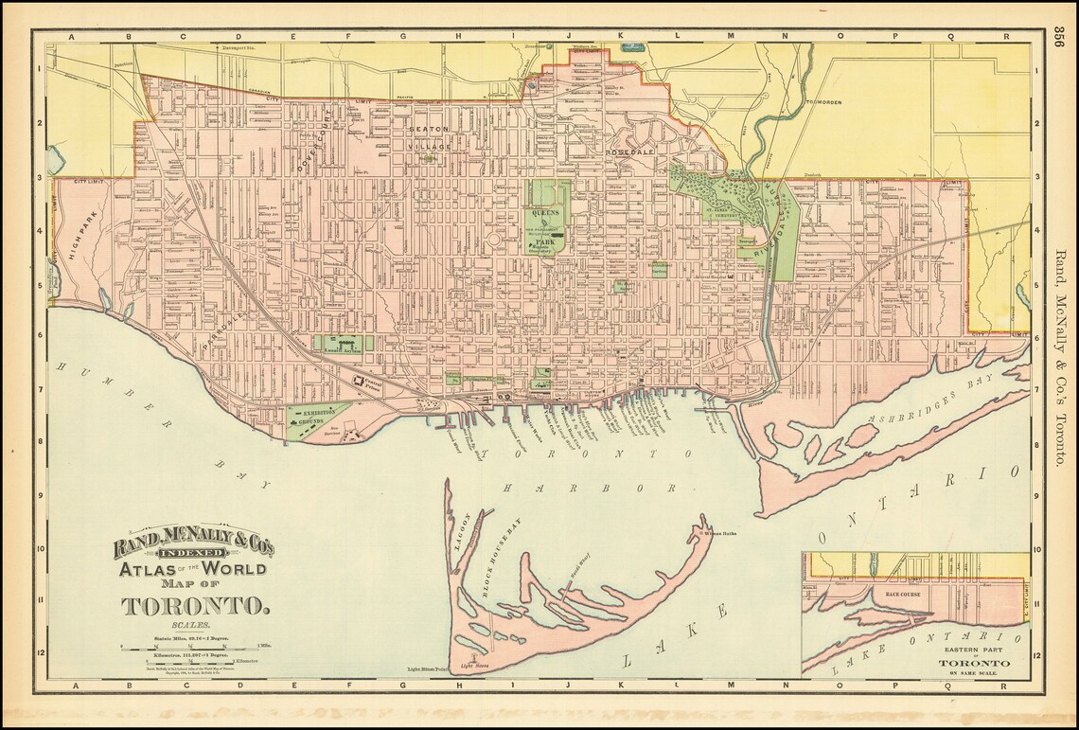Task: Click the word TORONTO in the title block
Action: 195,605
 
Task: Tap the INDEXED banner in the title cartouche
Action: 193,553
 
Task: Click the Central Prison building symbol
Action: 361,383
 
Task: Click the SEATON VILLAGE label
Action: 430,138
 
